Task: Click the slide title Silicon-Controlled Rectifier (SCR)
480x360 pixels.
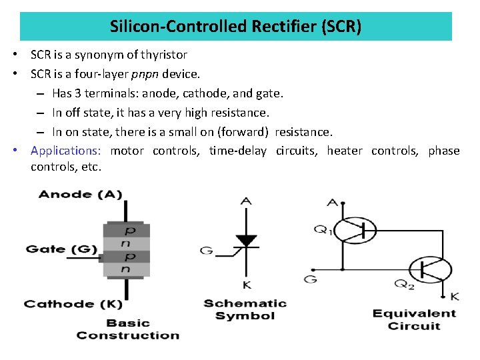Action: coord(236,27)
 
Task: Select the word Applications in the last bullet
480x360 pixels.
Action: coord(65,151)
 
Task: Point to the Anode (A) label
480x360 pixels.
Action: coord(81,194)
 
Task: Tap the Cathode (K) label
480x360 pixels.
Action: coord(69,304)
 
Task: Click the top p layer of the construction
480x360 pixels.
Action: coord(127,231)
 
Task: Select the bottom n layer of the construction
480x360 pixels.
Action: coord(127,269)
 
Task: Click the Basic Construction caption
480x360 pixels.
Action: coord(128,329)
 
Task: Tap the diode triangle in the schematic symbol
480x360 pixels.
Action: coord(247,240)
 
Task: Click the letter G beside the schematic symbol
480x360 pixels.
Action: coord(207,251)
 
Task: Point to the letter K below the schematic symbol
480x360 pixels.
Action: coord(247,285)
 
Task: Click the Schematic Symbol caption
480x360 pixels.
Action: coord(245,309)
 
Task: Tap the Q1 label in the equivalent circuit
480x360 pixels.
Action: coord(323,230)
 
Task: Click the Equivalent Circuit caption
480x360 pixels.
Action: coord(414,319)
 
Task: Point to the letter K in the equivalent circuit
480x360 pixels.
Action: coord(455,295)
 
